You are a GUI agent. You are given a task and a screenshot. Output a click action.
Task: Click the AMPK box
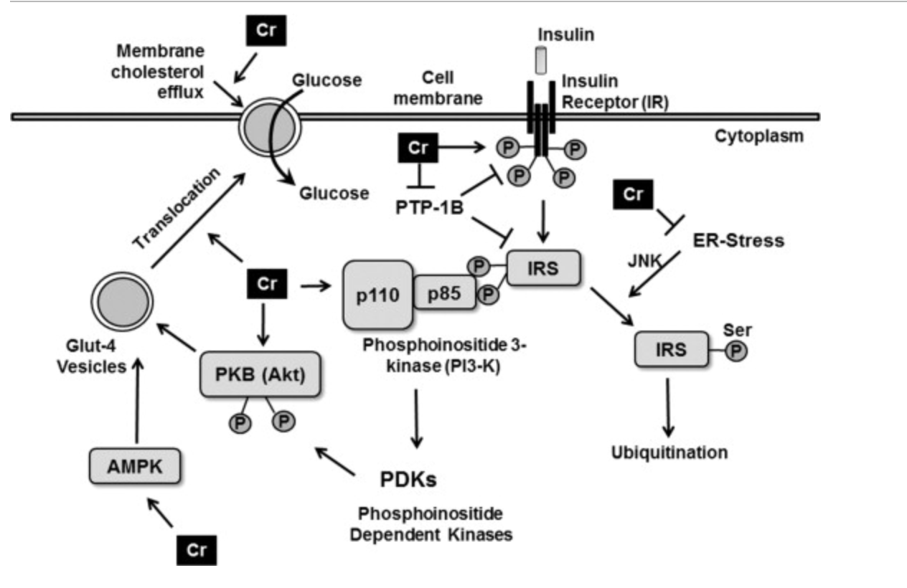(135, 466)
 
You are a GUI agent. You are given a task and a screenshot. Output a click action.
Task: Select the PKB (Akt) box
(260, 374)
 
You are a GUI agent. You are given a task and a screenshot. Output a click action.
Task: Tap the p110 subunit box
(377, 295)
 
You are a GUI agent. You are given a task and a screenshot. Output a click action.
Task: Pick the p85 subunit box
(445, 293)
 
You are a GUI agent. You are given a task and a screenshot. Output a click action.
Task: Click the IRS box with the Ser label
(672, 349)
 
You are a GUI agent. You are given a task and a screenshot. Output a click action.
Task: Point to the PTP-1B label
(429, 208)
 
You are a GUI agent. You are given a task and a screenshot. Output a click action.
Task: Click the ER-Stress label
(738, 240)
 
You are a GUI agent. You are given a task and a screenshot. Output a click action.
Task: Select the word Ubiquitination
(669, 452)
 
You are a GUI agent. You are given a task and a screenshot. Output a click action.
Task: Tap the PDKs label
(408, 479)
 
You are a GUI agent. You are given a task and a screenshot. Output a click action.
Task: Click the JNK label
(644, 261)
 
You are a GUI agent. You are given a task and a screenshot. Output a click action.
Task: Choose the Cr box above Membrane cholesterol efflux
(266, 30)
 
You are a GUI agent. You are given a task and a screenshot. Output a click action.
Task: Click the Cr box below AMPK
(197, 551)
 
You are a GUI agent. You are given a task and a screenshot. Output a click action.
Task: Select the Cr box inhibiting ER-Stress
(633, 194)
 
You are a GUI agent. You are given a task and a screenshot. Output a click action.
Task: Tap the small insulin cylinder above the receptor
(540, 61)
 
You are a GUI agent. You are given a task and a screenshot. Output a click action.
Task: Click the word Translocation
(177, 208)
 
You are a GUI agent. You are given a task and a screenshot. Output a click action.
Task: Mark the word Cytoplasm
(758, 136)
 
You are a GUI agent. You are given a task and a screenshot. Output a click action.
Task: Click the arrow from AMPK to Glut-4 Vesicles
(138, 400)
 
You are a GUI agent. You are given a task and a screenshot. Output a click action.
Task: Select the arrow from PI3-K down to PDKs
(416, 419)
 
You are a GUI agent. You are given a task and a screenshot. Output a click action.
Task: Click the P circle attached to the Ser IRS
(736, 351)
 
